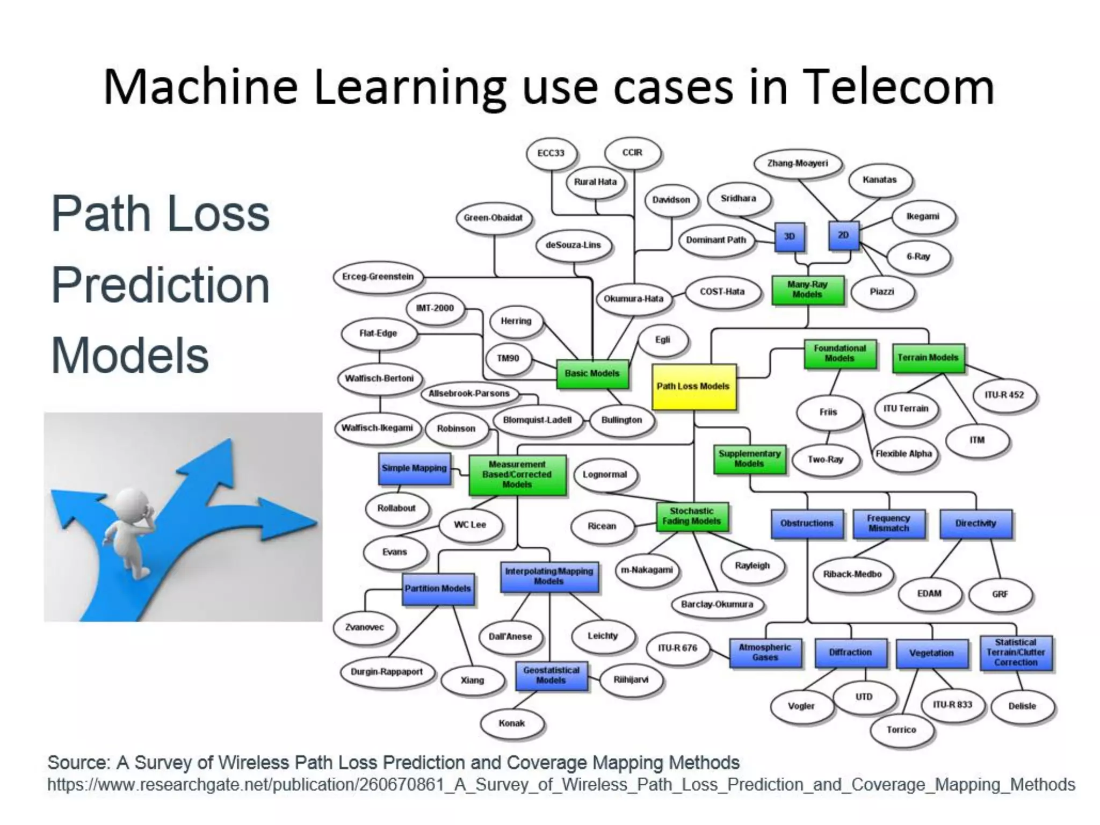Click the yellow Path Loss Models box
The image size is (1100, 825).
click(693, 387)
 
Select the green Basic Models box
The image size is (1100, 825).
click(592, 373)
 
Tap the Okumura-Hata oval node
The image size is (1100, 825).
click(633, 299)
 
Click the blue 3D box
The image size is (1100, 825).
click(789, 237)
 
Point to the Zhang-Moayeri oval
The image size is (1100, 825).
click(797, 163)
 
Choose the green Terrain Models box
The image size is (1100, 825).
click(928, 358)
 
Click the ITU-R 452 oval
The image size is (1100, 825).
click(1004, 395)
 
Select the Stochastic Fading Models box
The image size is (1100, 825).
click(691, 516)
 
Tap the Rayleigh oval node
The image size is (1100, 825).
click(752, 566)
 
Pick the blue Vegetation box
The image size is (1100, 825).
click(931, 653)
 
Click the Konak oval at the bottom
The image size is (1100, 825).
click(511, 723)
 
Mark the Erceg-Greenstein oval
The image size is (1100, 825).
click(378, 277)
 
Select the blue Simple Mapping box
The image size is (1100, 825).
click(414, 468)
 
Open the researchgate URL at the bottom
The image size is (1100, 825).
click(561, 785)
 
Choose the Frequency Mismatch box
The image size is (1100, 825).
click(888, 523)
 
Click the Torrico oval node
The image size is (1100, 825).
click(901, 730)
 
